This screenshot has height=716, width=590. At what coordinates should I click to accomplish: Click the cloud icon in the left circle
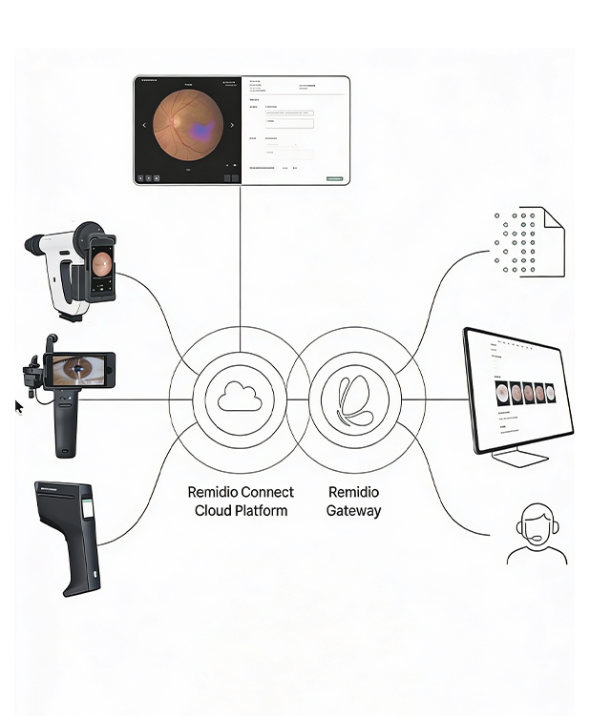pyautogui.click(x=240, y=397)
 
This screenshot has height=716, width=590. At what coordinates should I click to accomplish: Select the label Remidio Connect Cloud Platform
pyautogui.click(x=241, y=501)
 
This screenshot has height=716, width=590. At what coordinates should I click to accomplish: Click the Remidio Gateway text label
pyautogui.click(x=353, y=501)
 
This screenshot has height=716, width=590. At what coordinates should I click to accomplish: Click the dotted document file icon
pyautogui.click(x=528, y=242)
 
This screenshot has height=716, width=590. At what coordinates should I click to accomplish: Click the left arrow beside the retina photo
pyautogui.click(x=145, y=125)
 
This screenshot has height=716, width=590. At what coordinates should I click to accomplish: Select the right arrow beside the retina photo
pyautogui.click(x=232, y=125)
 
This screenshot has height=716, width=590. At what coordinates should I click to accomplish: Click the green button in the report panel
pyautogui.click(x=334, y=178)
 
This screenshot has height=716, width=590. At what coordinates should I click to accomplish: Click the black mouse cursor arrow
pyautogui.click(x=18, y=408)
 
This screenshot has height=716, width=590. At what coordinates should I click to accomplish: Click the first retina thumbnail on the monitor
pyautogui.click(x=503, y=392)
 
